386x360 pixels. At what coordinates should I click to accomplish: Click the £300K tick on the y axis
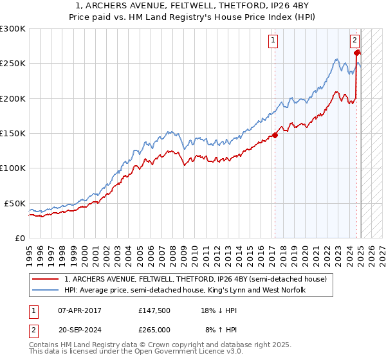(x=13, y=29)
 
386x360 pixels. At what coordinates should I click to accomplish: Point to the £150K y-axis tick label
(x=13, y=134)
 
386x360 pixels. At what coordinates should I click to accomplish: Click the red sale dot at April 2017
(x=275, y=135)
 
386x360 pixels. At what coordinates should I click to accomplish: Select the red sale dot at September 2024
(x=357, y=53)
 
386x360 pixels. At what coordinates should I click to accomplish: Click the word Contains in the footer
(x=44, y=345)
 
